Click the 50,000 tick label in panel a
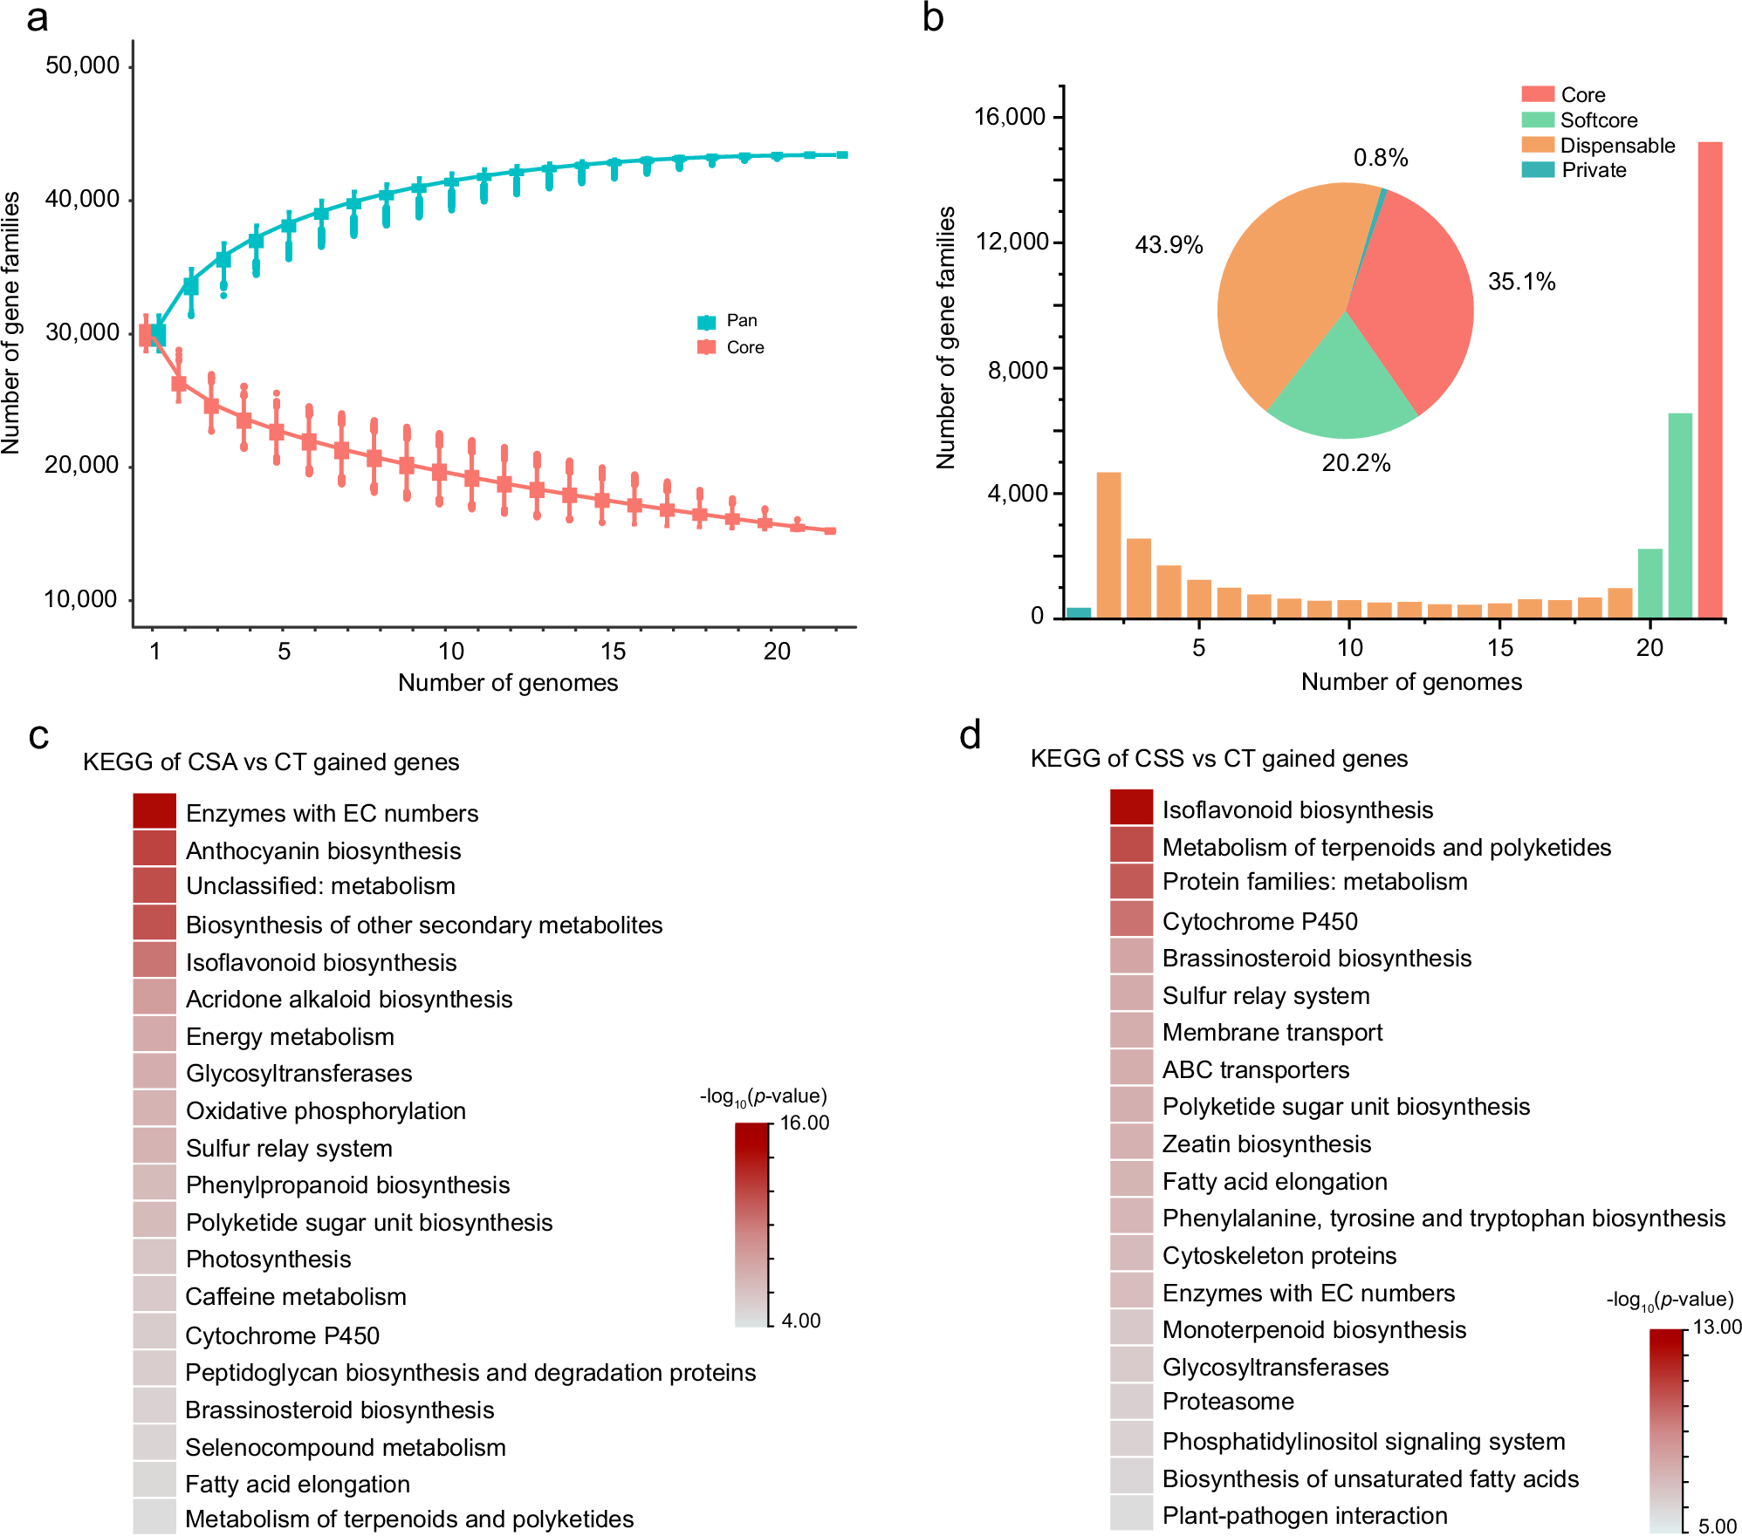pos(82,65)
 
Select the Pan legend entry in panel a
pos(741,321)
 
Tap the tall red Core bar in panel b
pos(1710,379)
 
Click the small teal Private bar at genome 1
pos(1079,612)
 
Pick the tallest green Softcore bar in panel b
pos(1680,515)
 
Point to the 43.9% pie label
pos(1168,245)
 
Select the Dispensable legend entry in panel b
pos(1616,146)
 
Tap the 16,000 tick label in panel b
pos(1009,117)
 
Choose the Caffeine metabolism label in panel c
pos(296,1296)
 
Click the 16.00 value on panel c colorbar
pos(804,1123)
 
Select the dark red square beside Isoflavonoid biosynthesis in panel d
pos(1131,807)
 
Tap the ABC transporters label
pos(1255,1069)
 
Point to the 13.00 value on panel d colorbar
pos(1716,1327)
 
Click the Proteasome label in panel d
pos(1228,1401)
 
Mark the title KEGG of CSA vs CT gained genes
pos(271,761)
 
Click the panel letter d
pos(970,735)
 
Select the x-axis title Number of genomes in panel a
pos(507,682)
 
